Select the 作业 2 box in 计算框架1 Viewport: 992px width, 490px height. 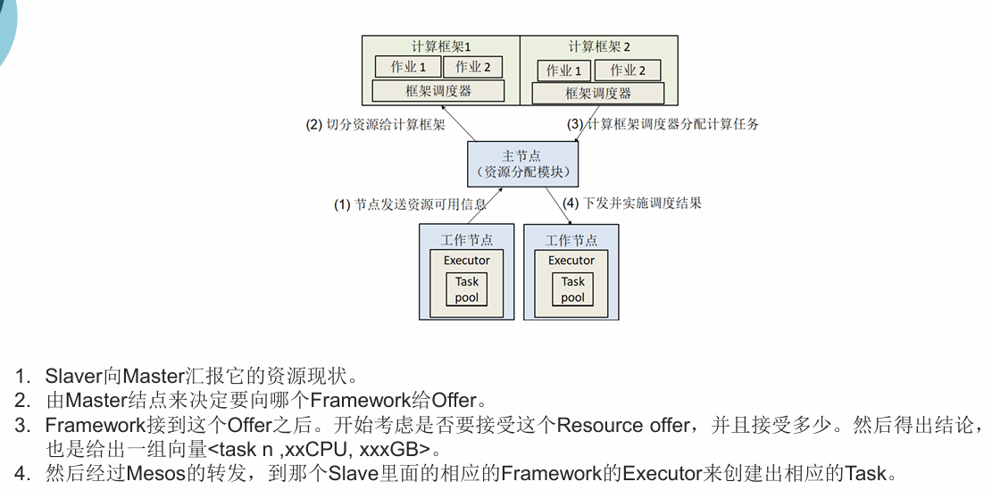pos(472,67)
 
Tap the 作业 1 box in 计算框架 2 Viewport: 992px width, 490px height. pos(563,71)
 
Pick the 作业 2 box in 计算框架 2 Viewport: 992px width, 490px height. pos(629,71)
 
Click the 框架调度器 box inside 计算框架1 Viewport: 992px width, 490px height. pos(438,91)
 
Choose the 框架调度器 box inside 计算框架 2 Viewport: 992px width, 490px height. pos(597,94)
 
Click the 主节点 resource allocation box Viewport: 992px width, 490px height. pos(521,163)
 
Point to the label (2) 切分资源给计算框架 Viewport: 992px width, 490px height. pos(375,125)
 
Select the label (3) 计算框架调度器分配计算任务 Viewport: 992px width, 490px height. pos(663,124)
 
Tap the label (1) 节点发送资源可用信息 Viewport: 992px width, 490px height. pos(410,204)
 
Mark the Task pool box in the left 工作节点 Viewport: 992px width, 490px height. pos(466,289)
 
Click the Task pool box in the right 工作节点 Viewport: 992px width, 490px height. pos(572,289)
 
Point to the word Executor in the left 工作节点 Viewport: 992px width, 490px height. pos(466,261)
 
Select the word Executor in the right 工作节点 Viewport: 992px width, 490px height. pos(571,261)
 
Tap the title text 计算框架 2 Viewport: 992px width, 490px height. pos(598,46)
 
